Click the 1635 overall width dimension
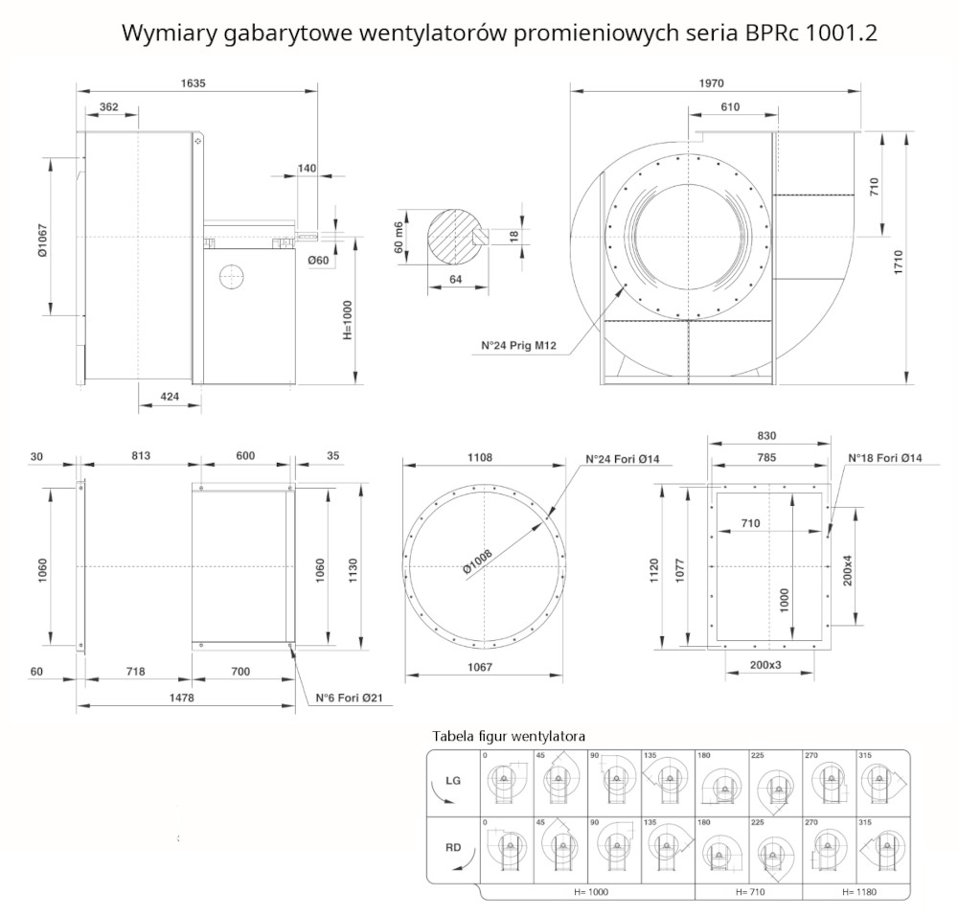pyautogui.click(x=195, y=83)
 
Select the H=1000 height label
pyautogui.click(x=347, y=316)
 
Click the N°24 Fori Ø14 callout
pyautogui.click(x=624, y=459)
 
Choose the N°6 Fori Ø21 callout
pyautogui.click(x=350, y=698)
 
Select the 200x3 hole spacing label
pyautogui.click(x=765, y=664)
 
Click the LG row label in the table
pyautogui.click(x=453, y=781)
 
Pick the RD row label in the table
pyautogui.click(x=453, y=847)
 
